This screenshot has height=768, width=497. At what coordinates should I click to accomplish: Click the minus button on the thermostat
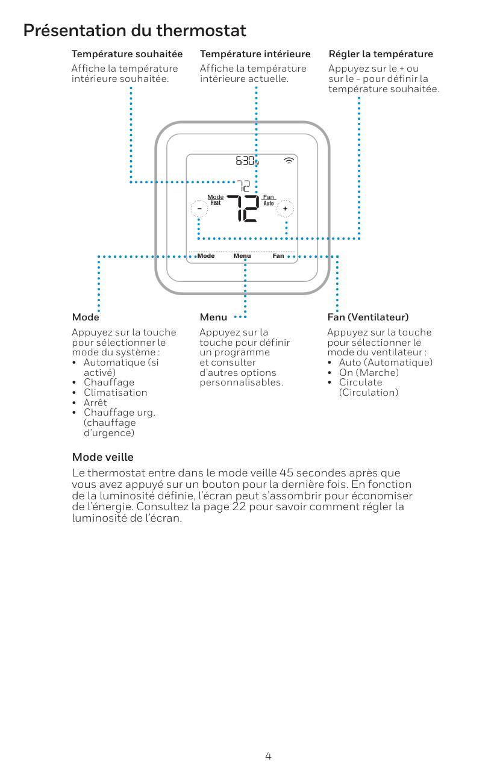(198, 208)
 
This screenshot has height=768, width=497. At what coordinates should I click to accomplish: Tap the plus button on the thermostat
(286, 208)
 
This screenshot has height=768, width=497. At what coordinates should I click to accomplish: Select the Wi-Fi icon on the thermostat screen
(290, 161)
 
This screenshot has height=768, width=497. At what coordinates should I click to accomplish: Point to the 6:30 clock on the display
(246, 161)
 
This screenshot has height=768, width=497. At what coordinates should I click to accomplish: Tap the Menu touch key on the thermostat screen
(242, 256)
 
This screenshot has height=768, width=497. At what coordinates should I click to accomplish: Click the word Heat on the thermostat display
(215, 203)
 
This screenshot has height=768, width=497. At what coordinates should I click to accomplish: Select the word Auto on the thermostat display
(269, 204)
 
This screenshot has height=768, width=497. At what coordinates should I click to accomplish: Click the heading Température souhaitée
(127, 54)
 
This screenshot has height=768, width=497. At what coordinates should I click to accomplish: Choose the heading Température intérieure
(255, 54)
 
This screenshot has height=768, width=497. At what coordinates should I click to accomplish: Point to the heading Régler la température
(381, 54)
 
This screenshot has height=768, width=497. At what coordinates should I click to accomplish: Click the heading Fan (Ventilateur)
(368, 317)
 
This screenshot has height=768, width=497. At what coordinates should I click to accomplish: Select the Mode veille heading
(102, 457)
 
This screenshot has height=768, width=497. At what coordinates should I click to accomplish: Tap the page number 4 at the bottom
(268, 756)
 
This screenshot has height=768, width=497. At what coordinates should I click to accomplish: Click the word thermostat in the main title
(201, 30)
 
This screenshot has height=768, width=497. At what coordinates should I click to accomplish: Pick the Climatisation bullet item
(115, 393)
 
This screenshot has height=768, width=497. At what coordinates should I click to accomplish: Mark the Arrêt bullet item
(95, 402)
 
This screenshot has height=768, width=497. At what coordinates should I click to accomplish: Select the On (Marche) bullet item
(369, 372)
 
